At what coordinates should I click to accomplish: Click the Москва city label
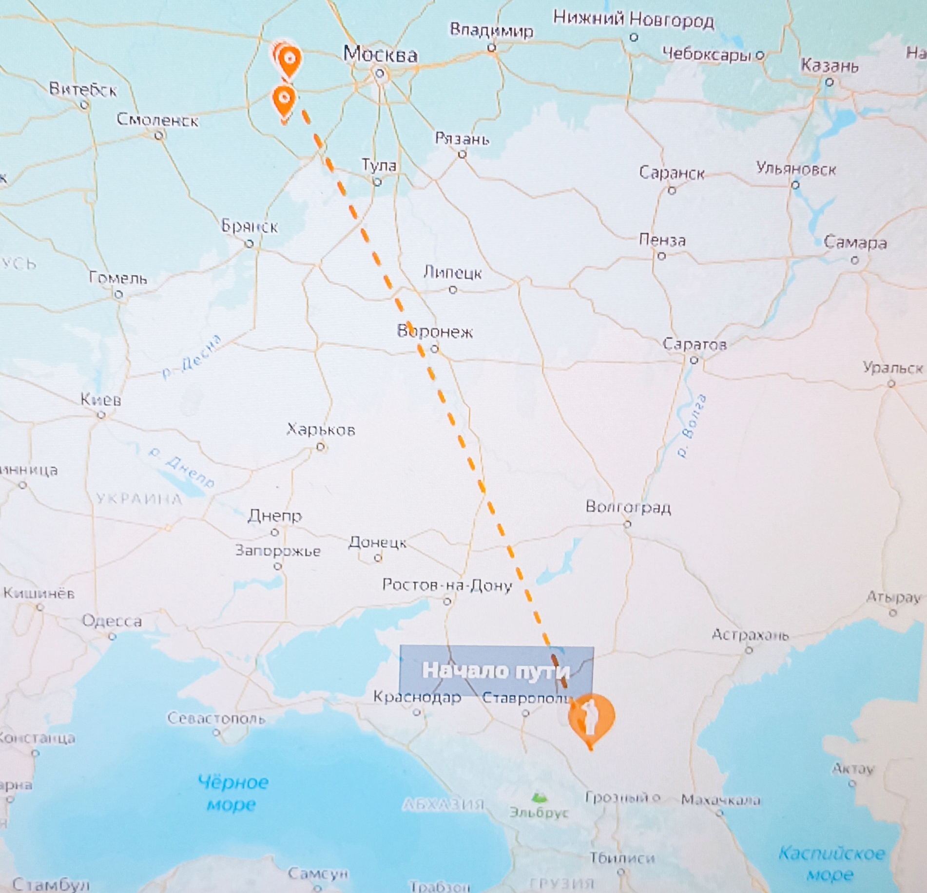pos(380,54)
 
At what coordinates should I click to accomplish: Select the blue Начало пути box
pos(496,670)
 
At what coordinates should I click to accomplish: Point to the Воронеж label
pos(435,332)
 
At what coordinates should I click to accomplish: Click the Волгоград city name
pos(628,507)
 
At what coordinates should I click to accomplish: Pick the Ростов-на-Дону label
pos(447,585)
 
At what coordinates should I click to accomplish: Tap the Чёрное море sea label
pos(232,793)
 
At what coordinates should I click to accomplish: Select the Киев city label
pos(101,400)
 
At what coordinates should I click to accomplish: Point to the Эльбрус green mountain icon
pos(539,798)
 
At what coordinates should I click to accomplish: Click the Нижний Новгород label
pos(633,19)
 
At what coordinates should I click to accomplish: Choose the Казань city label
pos(830,65)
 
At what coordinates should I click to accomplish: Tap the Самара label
pos(855,243)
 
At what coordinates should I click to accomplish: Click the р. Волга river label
pos(692,426)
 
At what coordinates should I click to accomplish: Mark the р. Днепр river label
pos(181,467)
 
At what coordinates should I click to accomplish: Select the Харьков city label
pos(321,430)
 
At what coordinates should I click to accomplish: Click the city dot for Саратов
pos(694,361)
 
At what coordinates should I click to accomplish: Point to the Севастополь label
pos(216,718)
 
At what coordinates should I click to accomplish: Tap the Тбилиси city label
pos(622,858)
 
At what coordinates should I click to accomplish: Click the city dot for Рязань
pos(462,154)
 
